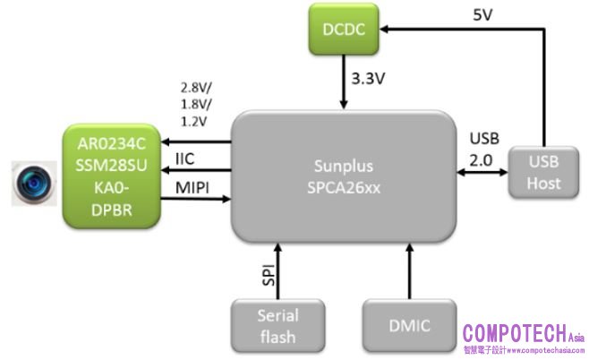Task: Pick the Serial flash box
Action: click(277, 325)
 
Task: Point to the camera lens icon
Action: click(32, 184)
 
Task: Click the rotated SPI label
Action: click(267, 274)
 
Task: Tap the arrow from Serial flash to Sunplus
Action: click(277, 274)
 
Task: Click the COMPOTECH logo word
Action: click(514, 333)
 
